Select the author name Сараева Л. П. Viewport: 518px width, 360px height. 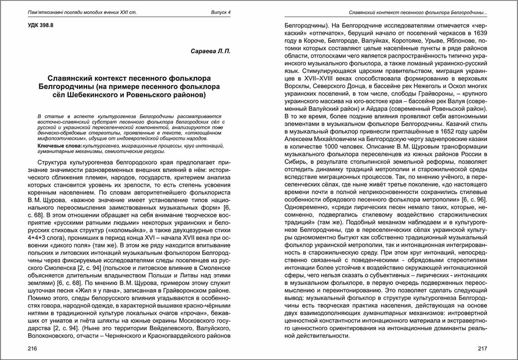click(211, 51)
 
